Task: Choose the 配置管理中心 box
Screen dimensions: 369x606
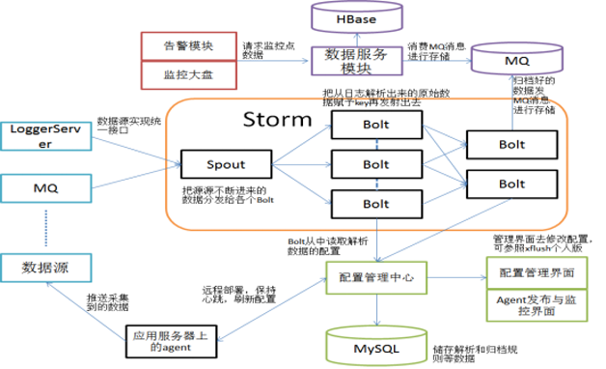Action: click(373, 277)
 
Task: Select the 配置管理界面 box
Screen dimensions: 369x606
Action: click(534, 272)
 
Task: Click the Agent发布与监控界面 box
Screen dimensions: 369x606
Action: click(534, 307)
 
